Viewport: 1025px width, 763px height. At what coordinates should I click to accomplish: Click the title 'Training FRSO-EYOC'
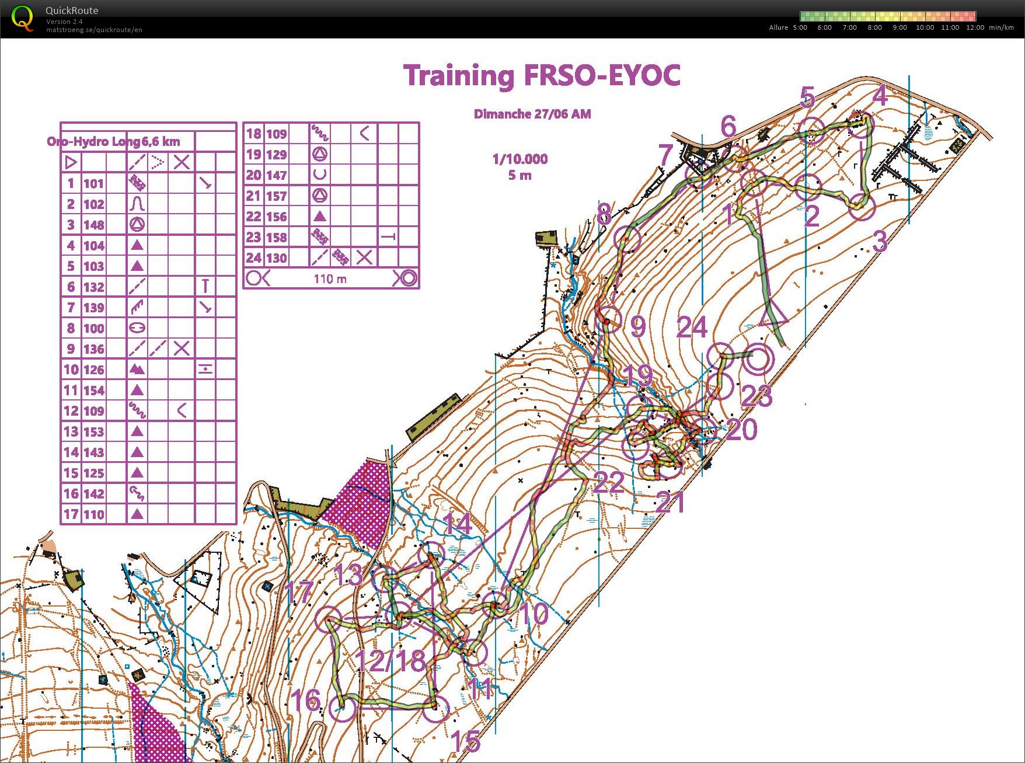542,76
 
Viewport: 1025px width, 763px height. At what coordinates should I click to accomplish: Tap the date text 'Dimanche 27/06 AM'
532,114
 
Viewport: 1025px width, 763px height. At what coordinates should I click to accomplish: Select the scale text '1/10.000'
520,159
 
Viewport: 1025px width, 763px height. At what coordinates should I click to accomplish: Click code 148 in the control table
93,225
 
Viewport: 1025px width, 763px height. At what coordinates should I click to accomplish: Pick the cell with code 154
93,391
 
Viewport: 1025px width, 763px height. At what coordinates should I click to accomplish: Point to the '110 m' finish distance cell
330,279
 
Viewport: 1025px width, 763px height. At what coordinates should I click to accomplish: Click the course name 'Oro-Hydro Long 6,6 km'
113,141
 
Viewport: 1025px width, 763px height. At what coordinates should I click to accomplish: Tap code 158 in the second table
276,238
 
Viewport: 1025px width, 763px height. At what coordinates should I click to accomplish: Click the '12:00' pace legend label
975,27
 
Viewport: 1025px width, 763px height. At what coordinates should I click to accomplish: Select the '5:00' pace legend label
800,27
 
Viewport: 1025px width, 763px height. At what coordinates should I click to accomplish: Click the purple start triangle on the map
773,312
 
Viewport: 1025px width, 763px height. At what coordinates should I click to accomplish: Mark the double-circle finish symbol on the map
758,360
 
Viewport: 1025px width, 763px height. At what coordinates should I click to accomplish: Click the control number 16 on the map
305,699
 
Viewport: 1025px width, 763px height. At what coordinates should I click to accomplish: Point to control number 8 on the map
604,215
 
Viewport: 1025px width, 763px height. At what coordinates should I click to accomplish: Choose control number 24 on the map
692,328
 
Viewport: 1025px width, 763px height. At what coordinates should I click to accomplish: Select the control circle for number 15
435,709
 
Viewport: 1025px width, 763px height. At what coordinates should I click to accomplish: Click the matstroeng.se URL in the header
94,30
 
